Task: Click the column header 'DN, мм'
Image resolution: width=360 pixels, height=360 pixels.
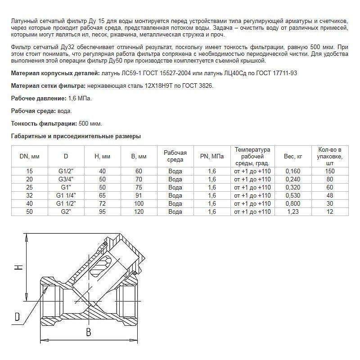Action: [30, 156]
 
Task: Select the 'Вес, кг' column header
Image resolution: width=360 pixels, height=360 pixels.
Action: [289, 156]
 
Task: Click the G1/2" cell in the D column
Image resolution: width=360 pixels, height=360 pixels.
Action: [66, 171]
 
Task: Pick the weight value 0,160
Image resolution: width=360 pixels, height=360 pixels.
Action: [289, 171]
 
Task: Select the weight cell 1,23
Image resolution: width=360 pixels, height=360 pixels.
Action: [289, 211]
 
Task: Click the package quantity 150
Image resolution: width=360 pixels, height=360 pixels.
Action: [330, 171]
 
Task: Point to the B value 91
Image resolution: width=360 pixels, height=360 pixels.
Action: [139, 195]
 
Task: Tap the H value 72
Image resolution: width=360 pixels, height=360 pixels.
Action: [102, 203]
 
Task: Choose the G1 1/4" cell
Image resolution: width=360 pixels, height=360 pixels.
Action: [66, 195]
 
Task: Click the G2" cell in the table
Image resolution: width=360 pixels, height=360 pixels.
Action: [66, 211]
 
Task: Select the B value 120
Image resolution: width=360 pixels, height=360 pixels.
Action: [139, 211]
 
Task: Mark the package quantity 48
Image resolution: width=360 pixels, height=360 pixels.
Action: [330, 195]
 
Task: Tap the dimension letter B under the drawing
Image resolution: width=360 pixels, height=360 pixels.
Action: [89, 333]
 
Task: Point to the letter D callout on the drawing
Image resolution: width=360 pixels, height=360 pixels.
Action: [17, 317]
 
